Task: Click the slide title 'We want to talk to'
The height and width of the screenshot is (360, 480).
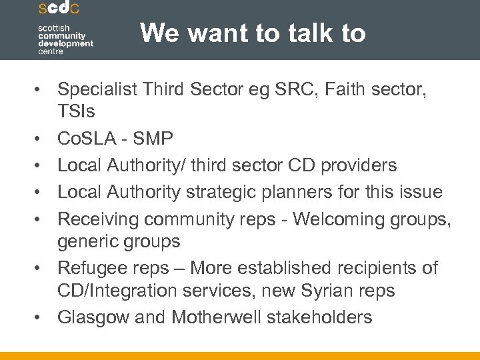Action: point(253,33)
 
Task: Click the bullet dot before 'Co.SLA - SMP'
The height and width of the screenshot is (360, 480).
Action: point(43,139)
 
